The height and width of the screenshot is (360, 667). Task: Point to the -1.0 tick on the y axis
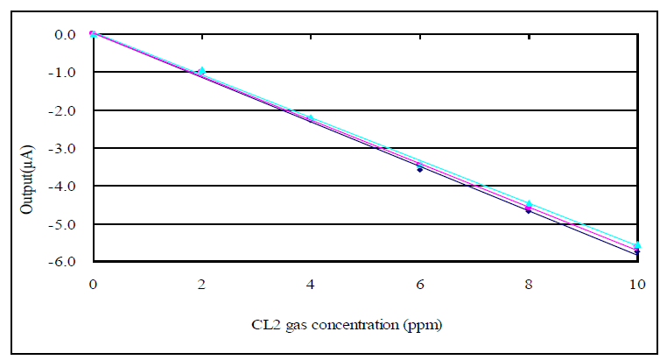[x=64, y=73]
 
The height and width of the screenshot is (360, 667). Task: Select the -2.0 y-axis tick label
[x=64, y=110]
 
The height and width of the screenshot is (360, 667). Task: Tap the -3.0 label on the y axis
[x=64, y=148]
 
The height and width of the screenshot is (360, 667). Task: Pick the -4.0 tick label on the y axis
[x=64, y=186]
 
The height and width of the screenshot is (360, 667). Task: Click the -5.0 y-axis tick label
[x=64, y=224]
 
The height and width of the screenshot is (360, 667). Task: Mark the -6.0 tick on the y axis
[x=64, y=262]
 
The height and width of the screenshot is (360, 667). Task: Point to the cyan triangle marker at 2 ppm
[x=202, y=70]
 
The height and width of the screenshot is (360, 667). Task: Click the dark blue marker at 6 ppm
[x=420, y=169]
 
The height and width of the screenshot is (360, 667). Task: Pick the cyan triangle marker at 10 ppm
[x=637, y=245]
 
